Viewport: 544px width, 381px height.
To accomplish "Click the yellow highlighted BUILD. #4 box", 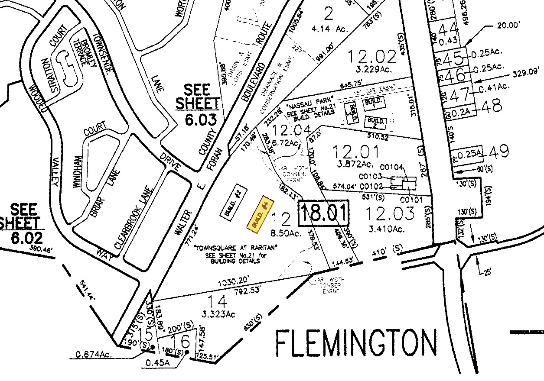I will coord(261,213).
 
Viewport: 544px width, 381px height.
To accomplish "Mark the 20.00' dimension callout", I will coord(510,25).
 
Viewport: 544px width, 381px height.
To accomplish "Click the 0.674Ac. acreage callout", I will coord(93,355).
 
